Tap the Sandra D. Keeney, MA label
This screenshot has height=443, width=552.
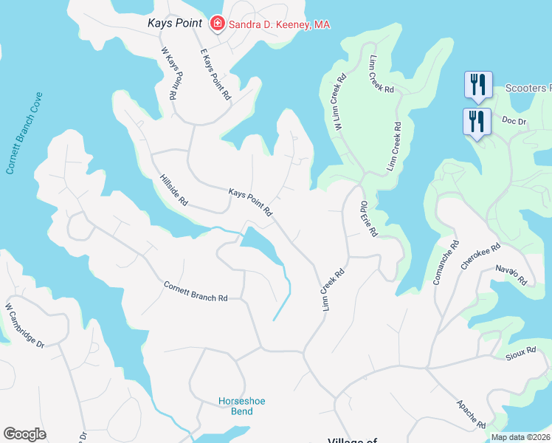click(279, 24)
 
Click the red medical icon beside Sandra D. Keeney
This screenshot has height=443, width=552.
click(218, 24)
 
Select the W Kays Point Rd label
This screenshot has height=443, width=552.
click(169, 74)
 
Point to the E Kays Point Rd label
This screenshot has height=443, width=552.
click(215, 75)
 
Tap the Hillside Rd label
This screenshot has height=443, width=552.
click(174, 190)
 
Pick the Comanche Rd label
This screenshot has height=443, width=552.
click(444, 261)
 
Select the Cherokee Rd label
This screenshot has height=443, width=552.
click(480, 256)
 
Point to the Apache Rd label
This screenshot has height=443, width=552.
click(470, 414)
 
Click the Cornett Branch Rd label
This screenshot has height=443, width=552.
click(196, 292)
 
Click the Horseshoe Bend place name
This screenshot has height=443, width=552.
click(241, 406)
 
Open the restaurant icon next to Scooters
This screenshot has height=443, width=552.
click(477, 85)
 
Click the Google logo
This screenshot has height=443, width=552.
click(24, 434)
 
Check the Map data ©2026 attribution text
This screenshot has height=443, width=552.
click(520, 437)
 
